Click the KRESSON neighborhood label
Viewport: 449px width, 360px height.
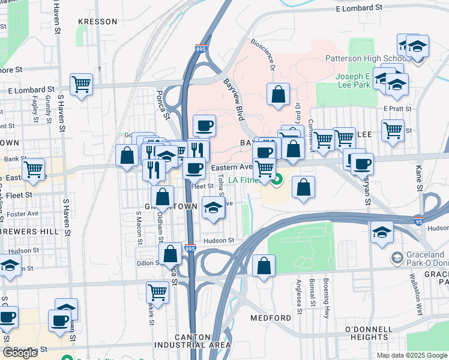click(98, 22)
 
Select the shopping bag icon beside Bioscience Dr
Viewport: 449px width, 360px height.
click(278, 94)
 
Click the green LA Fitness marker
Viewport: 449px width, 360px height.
click(277, 179)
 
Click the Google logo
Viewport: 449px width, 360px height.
click(20, 353)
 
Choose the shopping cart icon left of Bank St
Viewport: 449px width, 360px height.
click(33, 169)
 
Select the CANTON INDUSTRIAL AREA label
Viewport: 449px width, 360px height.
click(192, 341)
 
